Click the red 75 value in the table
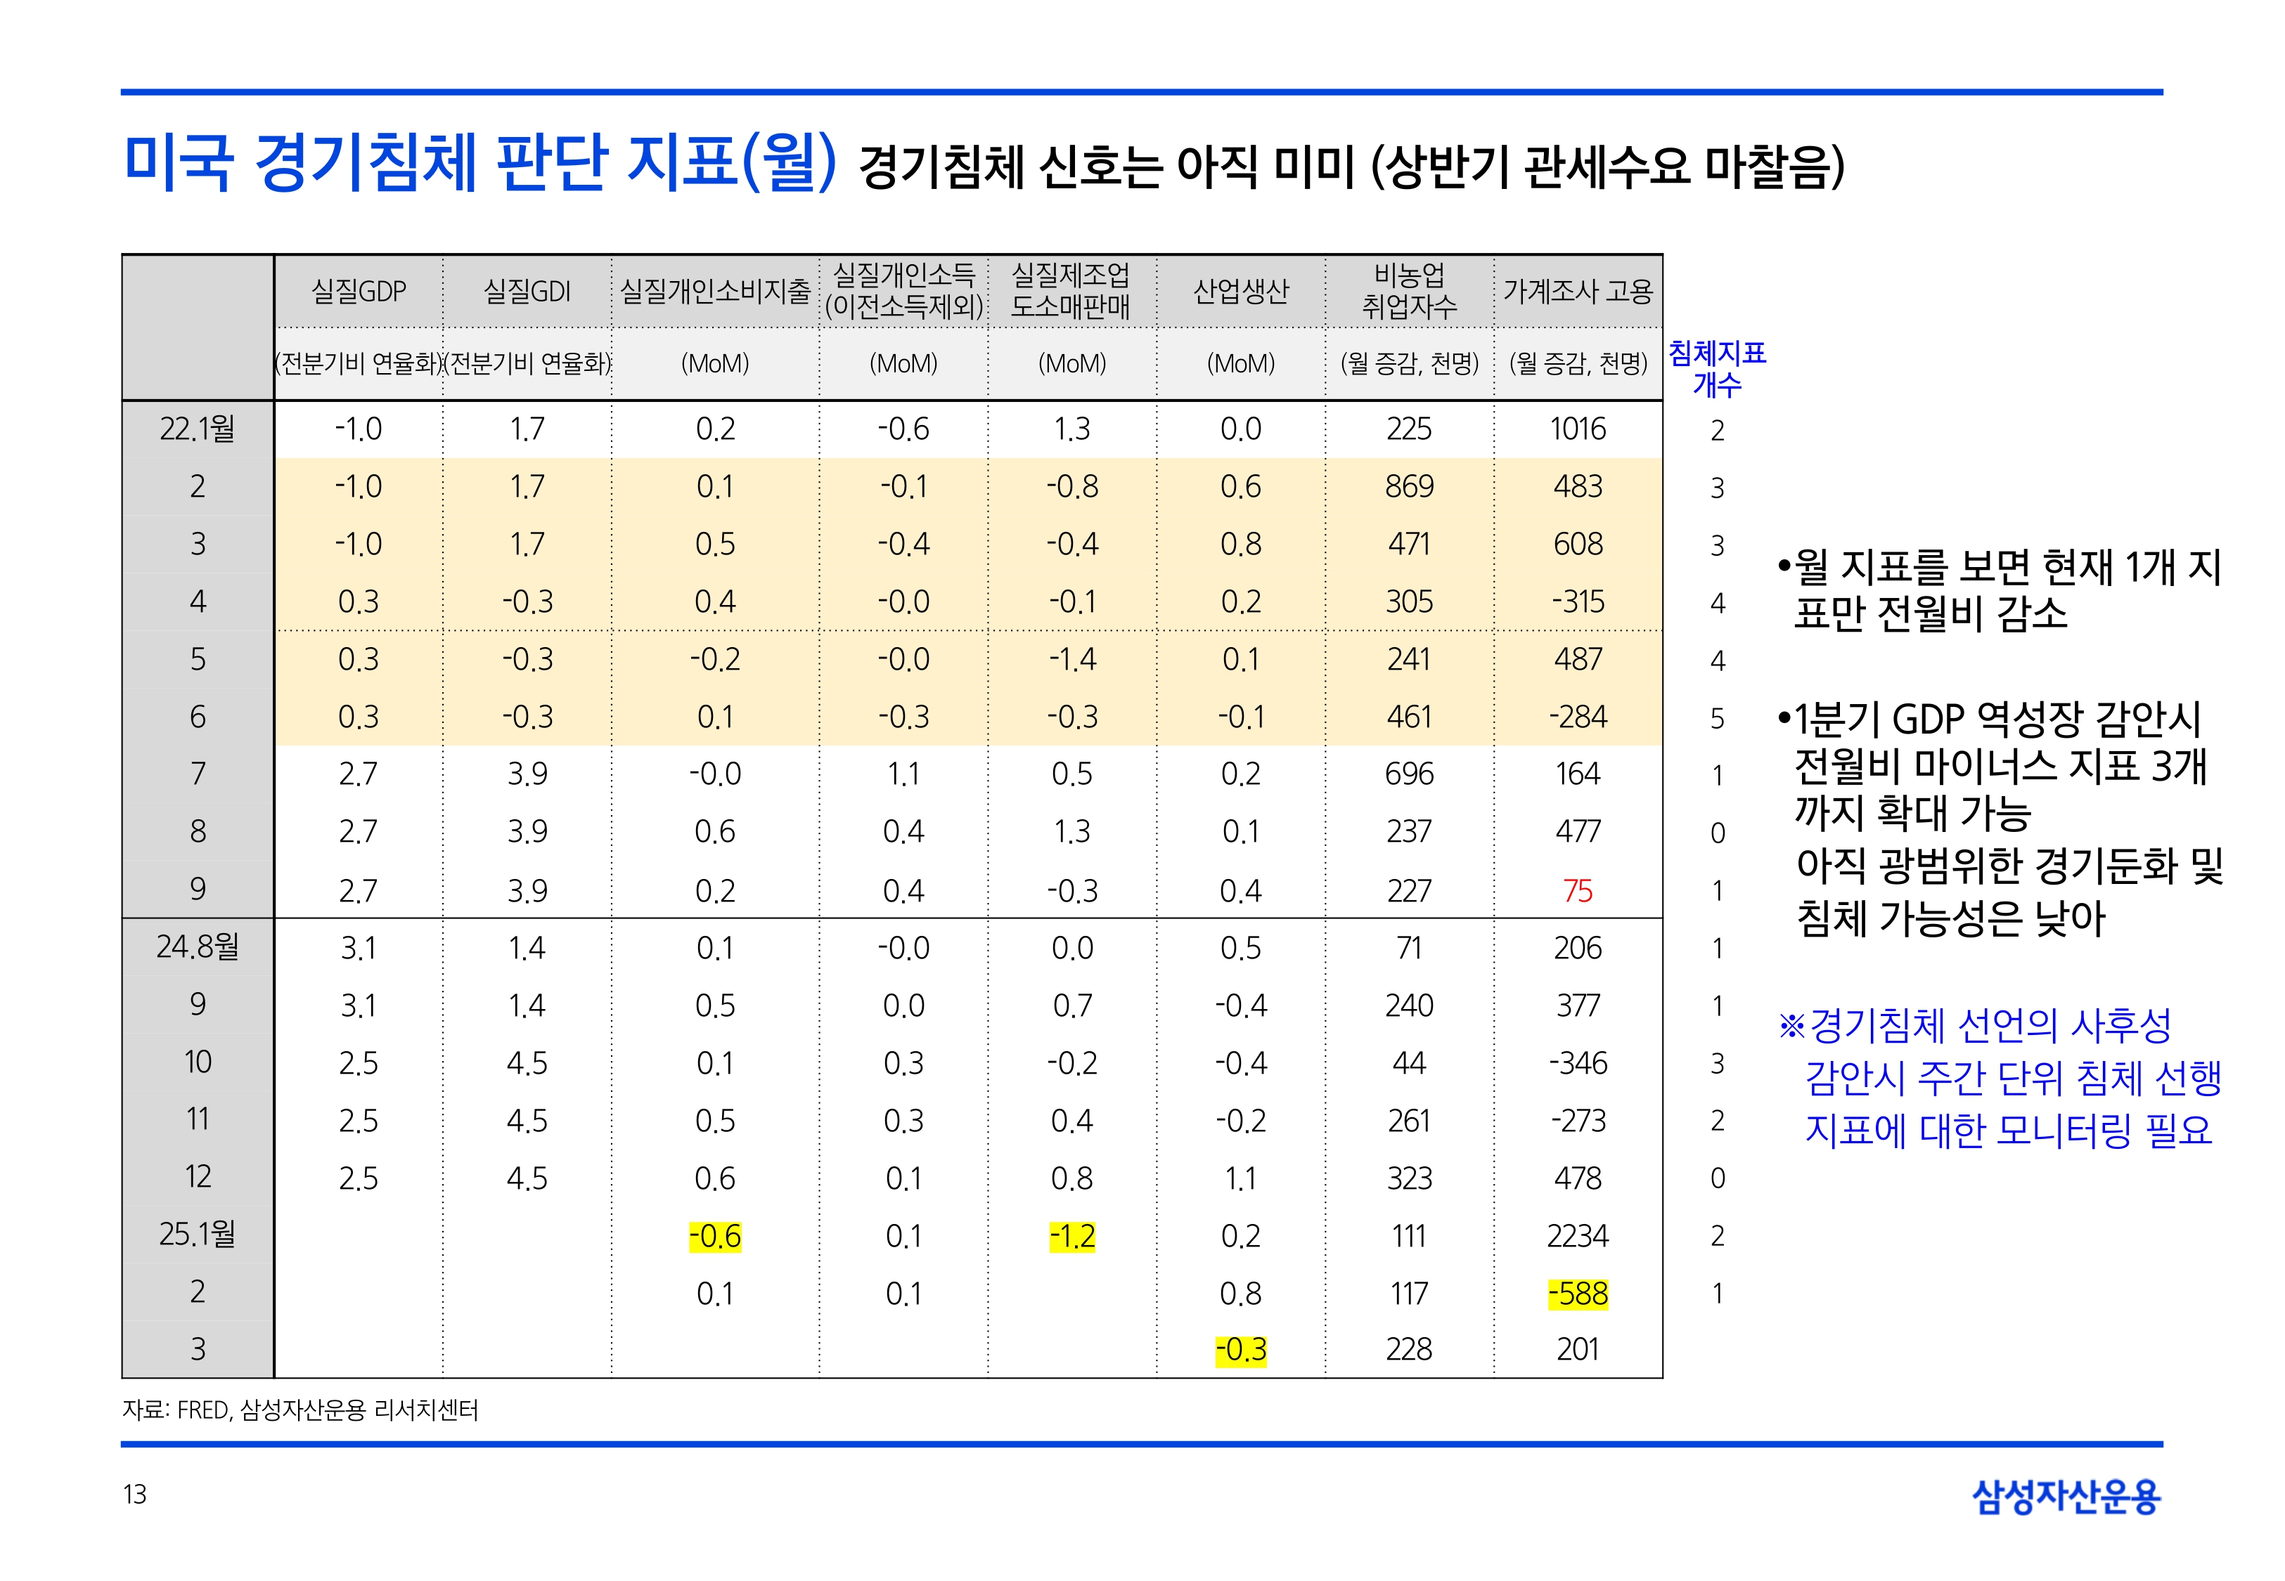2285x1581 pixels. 1578,890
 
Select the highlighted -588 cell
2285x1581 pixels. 1578,1293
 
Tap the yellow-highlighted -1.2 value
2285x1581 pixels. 1072,1235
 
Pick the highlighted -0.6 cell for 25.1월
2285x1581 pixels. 714,1235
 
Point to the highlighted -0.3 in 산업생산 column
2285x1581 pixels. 1241,1349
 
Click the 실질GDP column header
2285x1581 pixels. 359,291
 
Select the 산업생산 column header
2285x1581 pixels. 1241,291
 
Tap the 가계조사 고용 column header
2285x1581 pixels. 1578,291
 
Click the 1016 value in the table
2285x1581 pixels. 1578,429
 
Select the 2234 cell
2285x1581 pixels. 1578,1235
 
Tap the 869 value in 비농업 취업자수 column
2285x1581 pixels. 1409,486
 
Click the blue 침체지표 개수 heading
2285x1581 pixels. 1717,367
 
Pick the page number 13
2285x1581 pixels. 135,1494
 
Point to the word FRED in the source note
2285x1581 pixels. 203,1410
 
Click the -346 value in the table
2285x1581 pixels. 1578,1063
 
